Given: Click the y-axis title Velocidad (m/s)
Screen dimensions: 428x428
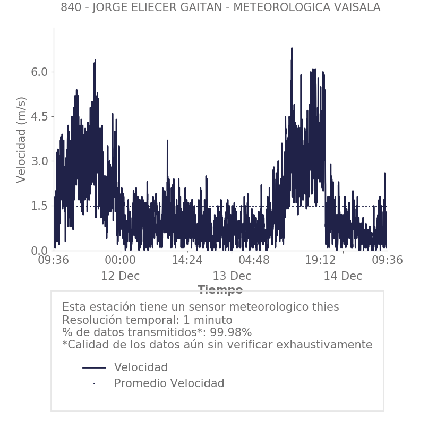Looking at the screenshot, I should [x=21, y=140].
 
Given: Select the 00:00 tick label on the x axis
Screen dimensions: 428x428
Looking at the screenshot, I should [x=121, y=260].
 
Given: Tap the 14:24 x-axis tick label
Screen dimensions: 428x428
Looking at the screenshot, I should [x=187, y=260].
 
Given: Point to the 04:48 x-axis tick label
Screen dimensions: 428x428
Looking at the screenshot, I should [x=254, y=260].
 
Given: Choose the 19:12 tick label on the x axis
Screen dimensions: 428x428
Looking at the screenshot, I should [x=321, y=260].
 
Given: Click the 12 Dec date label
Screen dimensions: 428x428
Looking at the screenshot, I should [x=121, y=276].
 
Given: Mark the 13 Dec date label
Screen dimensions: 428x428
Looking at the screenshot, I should [x=232, y=276].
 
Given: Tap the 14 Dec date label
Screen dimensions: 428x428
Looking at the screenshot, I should [x=343, y=276].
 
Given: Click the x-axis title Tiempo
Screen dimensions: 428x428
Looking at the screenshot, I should [x=220, y=290].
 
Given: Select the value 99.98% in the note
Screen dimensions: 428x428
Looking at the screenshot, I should [x=230, y=332].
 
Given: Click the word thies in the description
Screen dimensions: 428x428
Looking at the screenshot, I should [x=324, y=307].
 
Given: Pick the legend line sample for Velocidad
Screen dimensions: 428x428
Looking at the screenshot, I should [x=95, y=367].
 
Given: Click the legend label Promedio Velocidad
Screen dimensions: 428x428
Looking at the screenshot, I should [x=169, y=383].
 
